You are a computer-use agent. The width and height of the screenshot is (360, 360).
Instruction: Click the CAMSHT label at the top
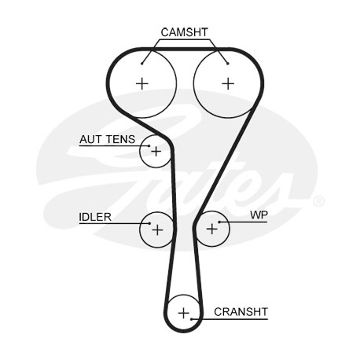click(x=184, y=32)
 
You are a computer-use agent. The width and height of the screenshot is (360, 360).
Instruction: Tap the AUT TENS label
click(x=108, y=139)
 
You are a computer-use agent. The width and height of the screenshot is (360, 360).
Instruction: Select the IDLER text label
click(x=95, y=217)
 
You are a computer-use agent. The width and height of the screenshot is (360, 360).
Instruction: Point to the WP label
click(x=259, y=215)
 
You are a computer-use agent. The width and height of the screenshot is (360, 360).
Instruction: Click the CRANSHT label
click(x=241, y=312)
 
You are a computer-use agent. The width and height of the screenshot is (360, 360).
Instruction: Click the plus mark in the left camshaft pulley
click(x=142, y=83)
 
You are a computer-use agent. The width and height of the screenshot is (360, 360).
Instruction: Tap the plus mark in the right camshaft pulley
click(x=228, y=83)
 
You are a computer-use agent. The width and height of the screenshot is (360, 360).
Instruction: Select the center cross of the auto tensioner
click(x=156, y=152)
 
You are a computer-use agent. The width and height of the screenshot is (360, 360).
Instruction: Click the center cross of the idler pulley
click(x=157, y=230)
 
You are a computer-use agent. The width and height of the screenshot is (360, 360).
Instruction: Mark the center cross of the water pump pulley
click(x=212, y=229)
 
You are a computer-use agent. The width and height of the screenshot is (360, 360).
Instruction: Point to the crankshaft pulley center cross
click(x=184, y=313)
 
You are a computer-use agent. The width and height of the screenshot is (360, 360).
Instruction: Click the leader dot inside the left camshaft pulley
click(x=141, y=64)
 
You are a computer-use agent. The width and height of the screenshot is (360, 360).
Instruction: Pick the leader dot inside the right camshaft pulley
click(x=228, y=64)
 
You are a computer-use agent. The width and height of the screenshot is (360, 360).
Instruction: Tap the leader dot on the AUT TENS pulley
click(x=149, y=145)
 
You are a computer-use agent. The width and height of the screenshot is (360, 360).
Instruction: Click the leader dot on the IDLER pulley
click(x=149, y=223)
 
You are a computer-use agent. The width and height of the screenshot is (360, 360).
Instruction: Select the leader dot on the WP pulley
click(x=219, y=222)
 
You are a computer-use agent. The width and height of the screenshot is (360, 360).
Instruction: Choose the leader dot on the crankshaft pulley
click(x=192, y=319)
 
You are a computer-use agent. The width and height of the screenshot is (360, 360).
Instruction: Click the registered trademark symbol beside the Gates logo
click(x=319, y=201)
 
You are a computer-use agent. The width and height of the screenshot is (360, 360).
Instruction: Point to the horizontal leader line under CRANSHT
click(x=230, y=319)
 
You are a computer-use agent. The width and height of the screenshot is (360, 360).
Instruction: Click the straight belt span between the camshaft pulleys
click(x=186, y=49)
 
